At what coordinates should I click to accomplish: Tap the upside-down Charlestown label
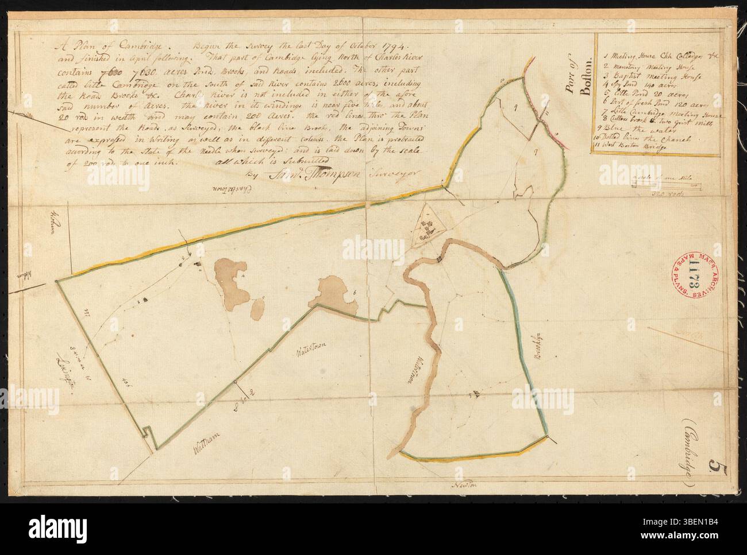point(222,190)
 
